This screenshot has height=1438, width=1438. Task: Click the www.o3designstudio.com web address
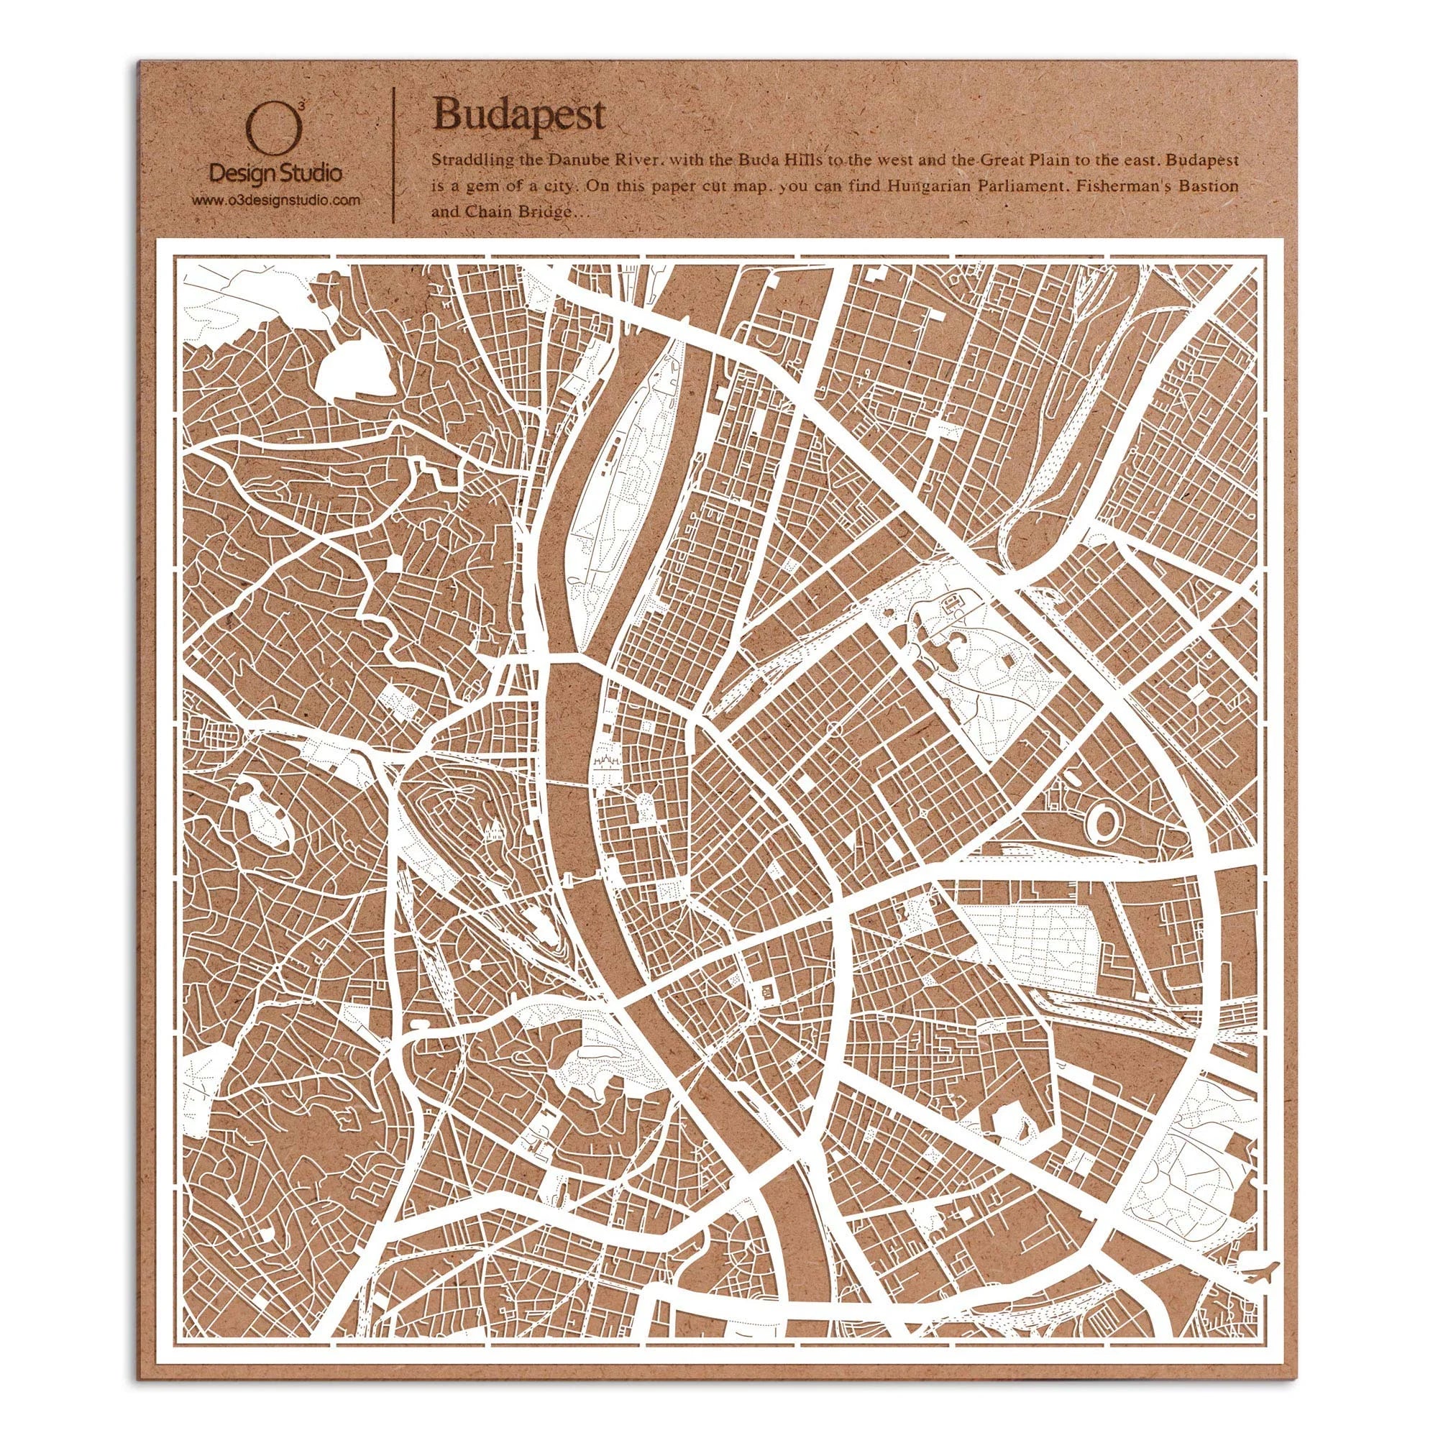pyautogui.click(x=277, y=200)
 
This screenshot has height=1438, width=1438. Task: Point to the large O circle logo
pyautogui.click(x=275, y=127)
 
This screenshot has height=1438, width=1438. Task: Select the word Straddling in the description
pyautogui.click(x=463, y=160)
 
